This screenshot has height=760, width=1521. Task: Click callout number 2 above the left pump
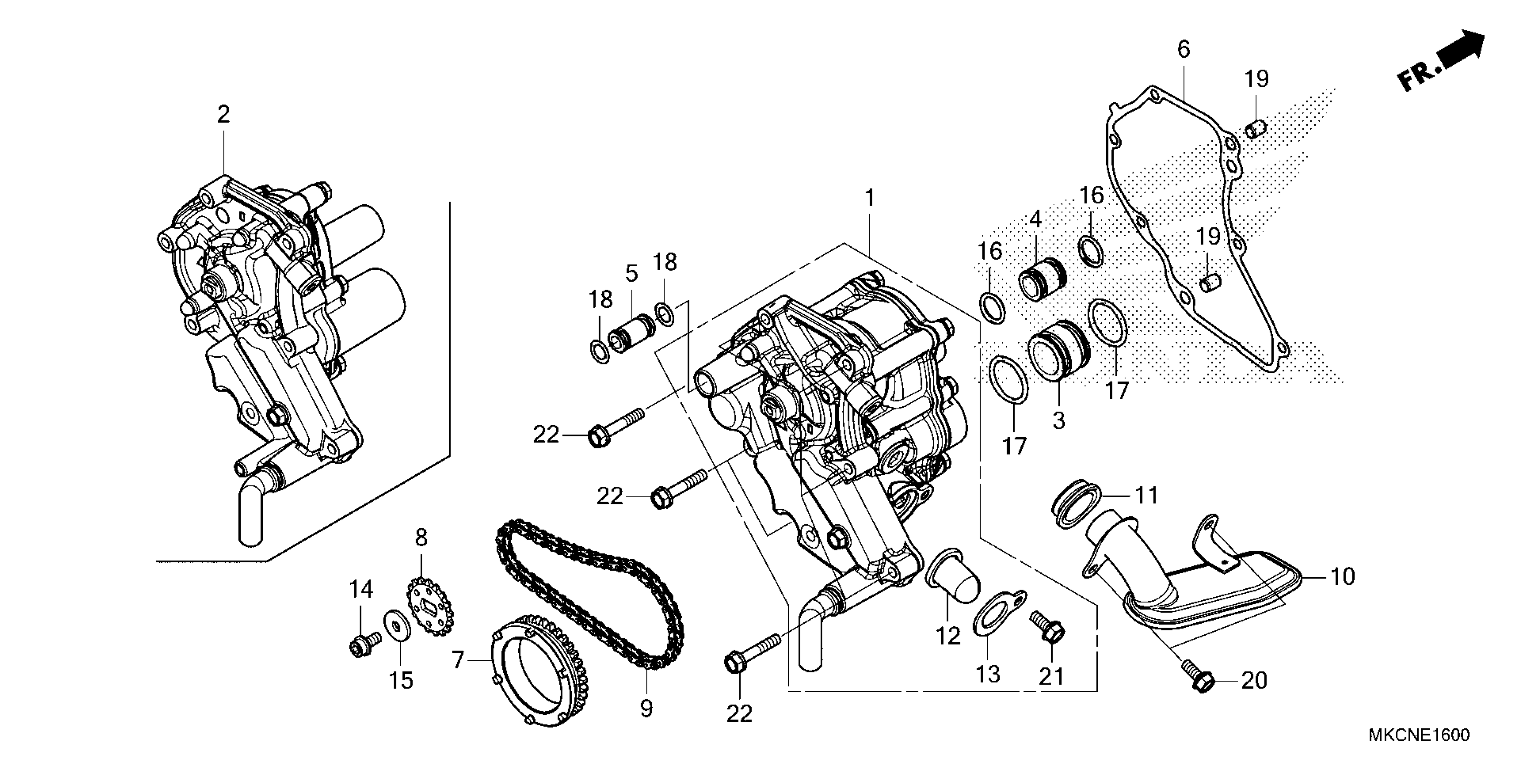click(x=223, y=114)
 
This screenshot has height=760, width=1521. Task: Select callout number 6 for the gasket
click(x=1183, y=50)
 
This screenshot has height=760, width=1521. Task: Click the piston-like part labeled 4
click(x=1043, y=280)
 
